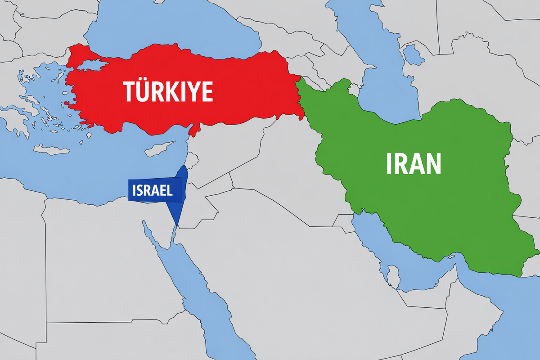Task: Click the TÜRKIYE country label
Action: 168,92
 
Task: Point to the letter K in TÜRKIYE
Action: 169,92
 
